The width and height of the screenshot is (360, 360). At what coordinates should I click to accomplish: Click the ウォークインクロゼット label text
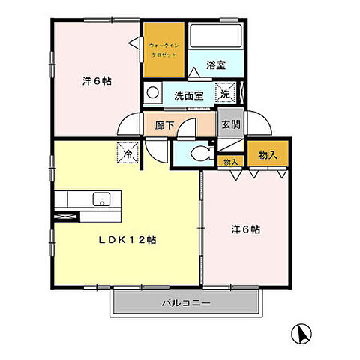163,50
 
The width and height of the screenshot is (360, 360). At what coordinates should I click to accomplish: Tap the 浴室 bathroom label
216,65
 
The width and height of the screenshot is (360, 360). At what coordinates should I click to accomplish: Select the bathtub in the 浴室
214,36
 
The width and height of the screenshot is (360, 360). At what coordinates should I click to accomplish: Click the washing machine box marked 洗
225,93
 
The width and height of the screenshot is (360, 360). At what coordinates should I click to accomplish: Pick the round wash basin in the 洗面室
152,94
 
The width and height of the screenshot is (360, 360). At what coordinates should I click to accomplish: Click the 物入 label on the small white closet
230,161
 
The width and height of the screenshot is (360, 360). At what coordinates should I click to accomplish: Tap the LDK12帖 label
130,241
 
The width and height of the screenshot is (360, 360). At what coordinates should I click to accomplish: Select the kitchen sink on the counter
100,199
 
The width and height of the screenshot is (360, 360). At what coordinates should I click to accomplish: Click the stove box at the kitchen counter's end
67,217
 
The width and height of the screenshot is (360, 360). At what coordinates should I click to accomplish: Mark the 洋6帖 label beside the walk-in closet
97,81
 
